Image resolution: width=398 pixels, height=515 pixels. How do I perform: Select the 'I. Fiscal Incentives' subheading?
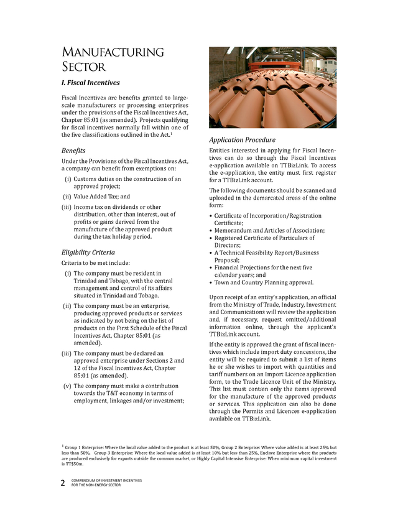pos(90,83)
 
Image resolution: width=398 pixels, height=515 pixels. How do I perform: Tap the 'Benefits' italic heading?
pos(73,151)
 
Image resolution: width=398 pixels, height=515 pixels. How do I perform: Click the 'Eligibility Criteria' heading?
pos(88,252)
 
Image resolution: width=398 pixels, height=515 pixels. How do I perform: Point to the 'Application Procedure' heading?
pos(242,140)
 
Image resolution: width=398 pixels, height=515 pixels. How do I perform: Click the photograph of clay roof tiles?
pos(272,87)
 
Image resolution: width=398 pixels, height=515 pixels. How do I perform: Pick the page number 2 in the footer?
pos(63,483)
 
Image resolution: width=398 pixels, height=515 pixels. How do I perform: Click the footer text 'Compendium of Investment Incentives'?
pos(106,481)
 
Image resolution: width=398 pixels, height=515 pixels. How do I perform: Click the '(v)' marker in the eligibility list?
pos(67,386)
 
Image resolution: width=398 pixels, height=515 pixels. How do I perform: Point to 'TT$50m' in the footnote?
pos(74,464)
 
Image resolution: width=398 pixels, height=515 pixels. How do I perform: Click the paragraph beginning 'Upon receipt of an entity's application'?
pos(272,317)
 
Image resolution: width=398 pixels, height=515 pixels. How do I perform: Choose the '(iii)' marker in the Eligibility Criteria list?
pos(66,353)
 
